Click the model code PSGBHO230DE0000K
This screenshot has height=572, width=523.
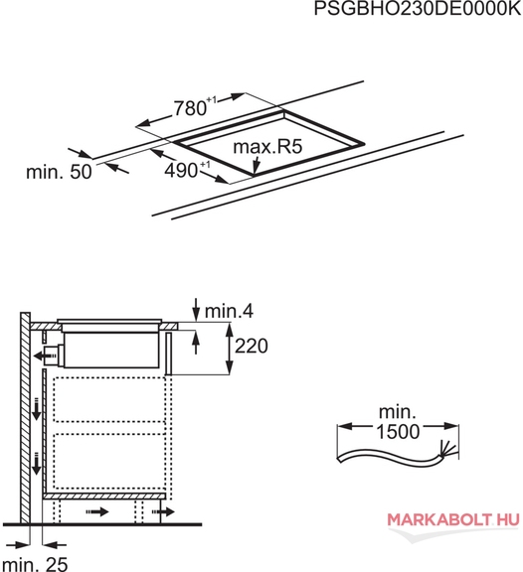point(418,8)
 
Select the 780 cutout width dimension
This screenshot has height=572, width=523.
point(191,108)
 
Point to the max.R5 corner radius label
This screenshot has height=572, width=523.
point(267,147)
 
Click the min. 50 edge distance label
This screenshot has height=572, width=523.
point(59,172)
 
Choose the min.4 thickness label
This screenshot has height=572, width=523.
point(229,311)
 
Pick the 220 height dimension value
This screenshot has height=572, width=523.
point(252,346)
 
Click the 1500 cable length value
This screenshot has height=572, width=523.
point(398,432)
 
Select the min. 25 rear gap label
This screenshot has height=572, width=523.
point(34,564)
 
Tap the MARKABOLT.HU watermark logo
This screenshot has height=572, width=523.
point(453,519)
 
